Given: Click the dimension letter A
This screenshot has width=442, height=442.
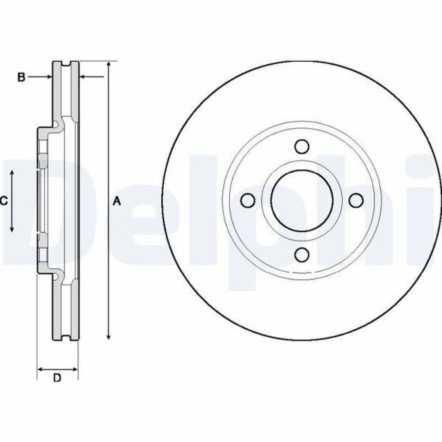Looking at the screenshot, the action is click(117, 202).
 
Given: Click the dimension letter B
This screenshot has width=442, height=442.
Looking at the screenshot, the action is click(21, 77).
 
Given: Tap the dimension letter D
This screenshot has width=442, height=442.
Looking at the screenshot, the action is click(57, 377).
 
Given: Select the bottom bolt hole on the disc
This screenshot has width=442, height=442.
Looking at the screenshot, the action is click(302, 255).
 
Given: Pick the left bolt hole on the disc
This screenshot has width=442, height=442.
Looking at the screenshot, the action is click(248, 200).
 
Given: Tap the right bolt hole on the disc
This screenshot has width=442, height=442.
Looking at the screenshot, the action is click(356, 200).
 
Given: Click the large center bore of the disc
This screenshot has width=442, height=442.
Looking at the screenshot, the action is click(302, 200).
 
